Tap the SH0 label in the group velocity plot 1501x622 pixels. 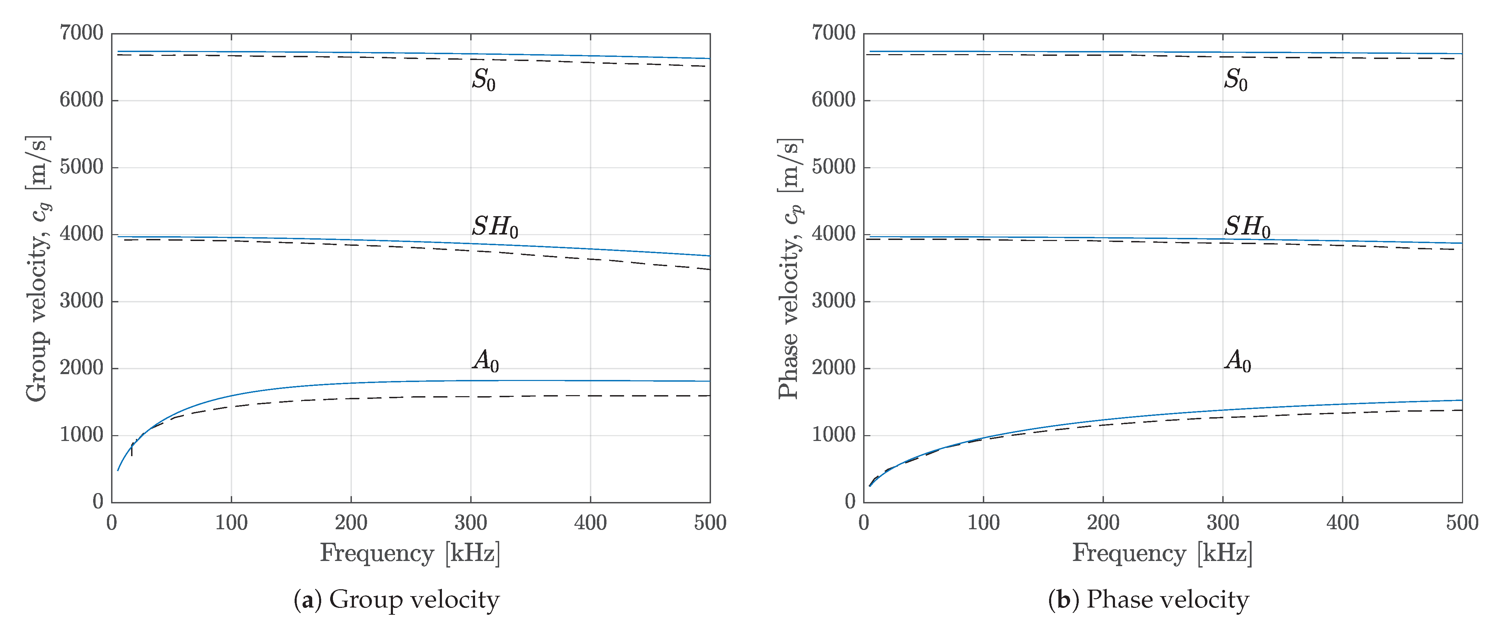(495, 227)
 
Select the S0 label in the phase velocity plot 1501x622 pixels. (1235, 80)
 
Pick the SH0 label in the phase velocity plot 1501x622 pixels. (1247, 227)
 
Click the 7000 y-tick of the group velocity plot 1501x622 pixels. (81, 33)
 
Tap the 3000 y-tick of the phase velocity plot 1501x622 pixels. (834, 301)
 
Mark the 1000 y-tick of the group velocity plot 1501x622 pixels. (81, 435)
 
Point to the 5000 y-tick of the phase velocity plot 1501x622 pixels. (834, 167)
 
